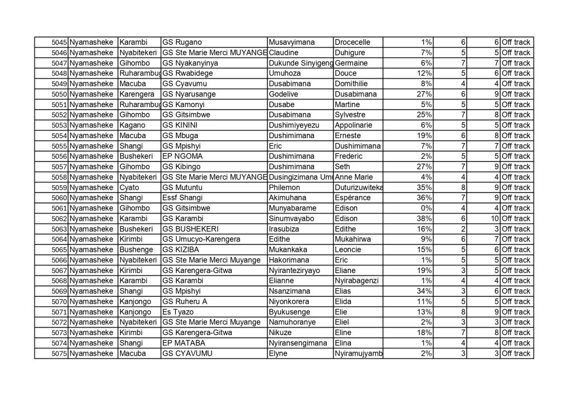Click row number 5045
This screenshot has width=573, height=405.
pyautogui.click(x=59, y=43)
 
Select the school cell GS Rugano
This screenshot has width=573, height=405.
pyautogui.click(x=182, y=43)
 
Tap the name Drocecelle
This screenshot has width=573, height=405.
pyautogui.click(x=352, y=43)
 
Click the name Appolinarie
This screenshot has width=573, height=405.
pyautogui.click(x=355, y=125)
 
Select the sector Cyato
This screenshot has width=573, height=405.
pyautogui.click(x=130, y=187)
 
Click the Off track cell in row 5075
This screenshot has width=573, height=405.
pyautogui.click(x=515, y=354)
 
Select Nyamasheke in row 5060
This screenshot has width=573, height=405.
pyautogui.click(x=92, y=198)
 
